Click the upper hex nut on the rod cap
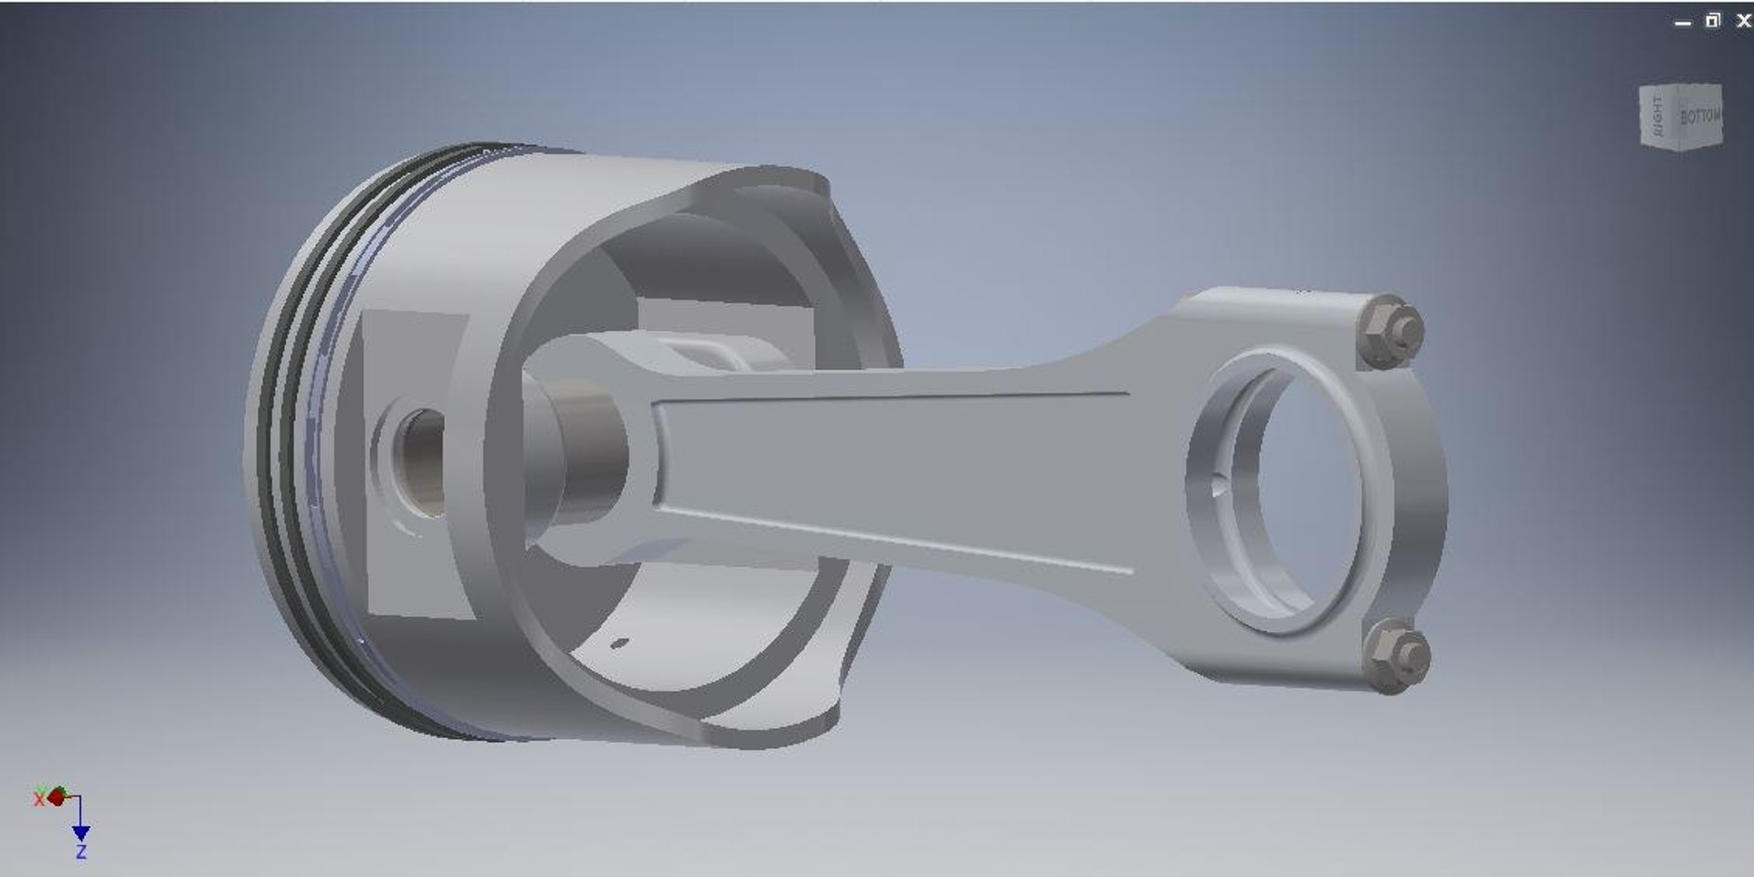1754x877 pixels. (x=1388, y=331)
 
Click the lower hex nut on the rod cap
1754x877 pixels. (x=1394, y=656)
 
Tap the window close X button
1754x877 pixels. (x=1742, y=21)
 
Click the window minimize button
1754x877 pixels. (x=1683, y=23)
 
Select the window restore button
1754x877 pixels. (x=1713, y=21)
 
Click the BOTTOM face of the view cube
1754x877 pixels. (x=1698, y=117)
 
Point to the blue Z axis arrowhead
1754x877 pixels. (x=80, y=832)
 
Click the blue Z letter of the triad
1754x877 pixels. (x=81, y=852)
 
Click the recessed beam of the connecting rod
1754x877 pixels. (x=895, y=466)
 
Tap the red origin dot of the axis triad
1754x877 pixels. (x=58, y=797)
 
